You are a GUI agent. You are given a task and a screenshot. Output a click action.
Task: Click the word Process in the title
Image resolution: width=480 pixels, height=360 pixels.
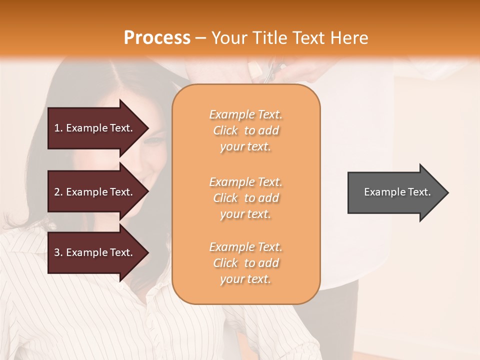pyautogui.click(x=157, y=38)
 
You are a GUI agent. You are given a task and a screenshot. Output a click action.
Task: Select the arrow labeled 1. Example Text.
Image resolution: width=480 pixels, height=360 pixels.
pyautogui.click(x=95, y=128)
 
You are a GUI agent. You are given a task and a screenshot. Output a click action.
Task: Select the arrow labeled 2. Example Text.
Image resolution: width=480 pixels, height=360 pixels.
pyautogui.click(x=95, y=192)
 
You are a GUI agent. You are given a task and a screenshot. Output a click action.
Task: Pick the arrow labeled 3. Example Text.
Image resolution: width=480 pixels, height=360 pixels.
pyautogui.click(x=95, y=252)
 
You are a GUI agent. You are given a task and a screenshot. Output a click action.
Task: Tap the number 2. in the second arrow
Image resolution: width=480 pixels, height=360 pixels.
pyautogui.click(x=58, y=192)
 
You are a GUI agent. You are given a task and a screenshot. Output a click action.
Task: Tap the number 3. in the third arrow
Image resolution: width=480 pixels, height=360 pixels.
pyautogui.click(x=58, y=252)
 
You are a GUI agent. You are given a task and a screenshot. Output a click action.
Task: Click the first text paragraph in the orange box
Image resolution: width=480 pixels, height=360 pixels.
pyautogui.click(x=245, y=130)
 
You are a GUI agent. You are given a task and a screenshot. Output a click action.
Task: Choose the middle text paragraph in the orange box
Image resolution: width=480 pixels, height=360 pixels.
pyautogui.click(x=245, y=198)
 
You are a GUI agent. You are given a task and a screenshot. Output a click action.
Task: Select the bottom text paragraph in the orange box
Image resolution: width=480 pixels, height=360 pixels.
pyautogui.click(x=245, y=263)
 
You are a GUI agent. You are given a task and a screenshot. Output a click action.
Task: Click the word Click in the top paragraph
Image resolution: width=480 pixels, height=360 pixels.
pyautogui.click(x=225, y=130)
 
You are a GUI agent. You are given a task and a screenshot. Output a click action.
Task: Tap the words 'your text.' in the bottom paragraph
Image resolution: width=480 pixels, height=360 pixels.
pyautogui.click(x=245, y=279)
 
